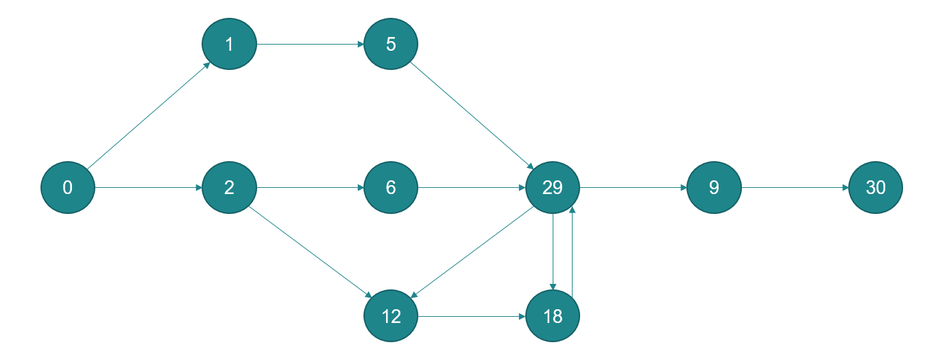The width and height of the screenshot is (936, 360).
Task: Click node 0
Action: [x=68, y=187]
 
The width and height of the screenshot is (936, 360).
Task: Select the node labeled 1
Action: [x=229, y=44]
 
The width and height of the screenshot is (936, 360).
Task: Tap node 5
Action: [x=391, y=44]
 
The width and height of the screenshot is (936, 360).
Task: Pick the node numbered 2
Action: [x=229, y=187]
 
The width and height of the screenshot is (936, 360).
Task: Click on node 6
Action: [x=391, y=187]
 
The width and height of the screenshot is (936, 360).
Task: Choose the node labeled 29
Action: [x=553, y=187]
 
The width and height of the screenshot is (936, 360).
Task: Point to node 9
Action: [x=714, y=187]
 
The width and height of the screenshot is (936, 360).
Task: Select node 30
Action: [x=876, y=187]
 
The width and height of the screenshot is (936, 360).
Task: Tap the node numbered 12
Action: [x=391, y=316]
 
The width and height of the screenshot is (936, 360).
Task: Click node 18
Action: [x=553, y=316]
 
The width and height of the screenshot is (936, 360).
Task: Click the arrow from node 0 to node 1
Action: [x=148, y=116]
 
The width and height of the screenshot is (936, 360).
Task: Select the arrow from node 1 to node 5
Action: [x=310, y=44]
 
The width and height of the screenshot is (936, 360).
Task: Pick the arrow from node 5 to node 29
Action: [x=472, y=116]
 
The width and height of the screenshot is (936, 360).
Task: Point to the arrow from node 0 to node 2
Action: [x=149, y=187]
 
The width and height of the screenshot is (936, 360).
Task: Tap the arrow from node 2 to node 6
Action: [x=310, y=187]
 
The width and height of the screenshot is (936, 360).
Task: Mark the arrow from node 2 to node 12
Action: [x=310, y=252]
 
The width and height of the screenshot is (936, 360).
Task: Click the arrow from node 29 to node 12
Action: [x=472, y=252]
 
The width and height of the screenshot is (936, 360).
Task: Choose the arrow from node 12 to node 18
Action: [x=472, y=316]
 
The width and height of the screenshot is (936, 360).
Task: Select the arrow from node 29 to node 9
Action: [x=634, y=187]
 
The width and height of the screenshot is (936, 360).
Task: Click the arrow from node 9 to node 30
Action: [x=795, y=187]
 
